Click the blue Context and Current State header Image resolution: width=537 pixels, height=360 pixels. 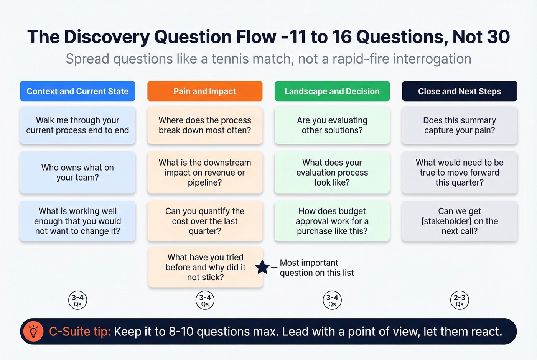point(77,91)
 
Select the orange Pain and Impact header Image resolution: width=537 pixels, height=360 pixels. point(205,91)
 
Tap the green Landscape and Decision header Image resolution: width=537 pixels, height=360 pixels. point(332,91)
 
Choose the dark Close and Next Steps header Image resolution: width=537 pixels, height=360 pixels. point(460,91)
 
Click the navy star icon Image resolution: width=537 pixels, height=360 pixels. point(262,267)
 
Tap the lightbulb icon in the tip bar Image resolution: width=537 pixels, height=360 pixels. point(33,331)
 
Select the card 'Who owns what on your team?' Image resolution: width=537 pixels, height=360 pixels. point(77,173)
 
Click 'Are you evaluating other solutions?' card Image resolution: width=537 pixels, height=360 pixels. point(332,125)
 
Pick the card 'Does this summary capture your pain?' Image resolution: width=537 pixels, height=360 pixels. point(460,125)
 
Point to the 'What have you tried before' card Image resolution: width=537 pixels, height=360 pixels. point(205,267)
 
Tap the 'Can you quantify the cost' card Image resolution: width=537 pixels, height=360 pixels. point(205,221)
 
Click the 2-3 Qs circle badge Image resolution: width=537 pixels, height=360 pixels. point(460,300)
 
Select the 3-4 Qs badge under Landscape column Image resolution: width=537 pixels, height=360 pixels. point(332,300)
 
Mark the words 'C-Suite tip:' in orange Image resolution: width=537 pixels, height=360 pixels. point(80,331)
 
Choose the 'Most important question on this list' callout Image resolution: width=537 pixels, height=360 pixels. point(316,268)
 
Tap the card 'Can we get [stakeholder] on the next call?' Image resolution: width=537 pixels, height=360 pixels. point(460,221)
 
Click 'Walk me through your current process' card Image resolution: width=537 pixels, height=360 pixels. point(77,125)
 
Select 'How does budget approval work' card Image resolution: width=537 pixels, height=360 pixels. point(332,221)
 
